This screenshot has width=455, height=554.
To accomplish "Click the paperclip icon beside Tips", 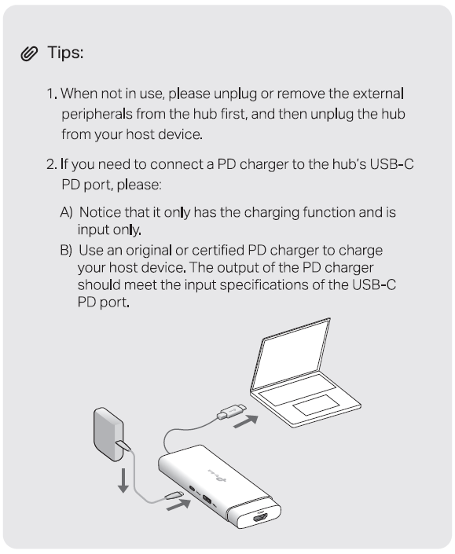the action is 29,53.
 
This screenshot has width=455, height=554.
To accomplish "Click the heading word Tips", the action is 65,53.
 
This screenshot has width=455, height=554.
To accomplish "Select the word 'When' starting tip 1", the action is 79,94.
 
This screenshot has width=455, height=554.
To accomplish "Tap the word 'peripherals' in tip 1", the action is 97,115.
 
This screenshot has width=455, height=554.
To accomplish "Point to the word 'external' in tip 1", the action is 378,94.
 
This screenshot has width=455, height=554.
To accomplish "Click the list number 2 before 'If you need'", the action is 51,164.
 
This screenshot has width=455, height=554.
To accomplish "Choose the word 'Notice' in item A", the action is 101,212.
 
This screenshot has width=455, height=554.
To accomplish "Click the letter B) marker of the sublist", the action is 66,250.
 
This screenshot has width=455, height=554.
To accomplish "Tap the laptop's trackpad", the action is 317,405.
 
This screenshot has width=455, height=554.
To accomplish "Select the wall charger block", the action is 108,435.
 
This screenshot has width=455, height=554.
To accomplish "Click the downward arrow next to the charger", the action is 123,480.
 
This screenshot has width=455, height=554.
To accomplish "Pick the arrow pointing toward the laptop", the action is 246,421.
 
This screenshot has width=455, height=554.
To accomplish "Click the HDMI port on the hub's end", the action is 260,519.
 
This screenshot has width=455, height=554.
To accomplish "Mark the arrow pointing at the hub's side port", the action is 178,504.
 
